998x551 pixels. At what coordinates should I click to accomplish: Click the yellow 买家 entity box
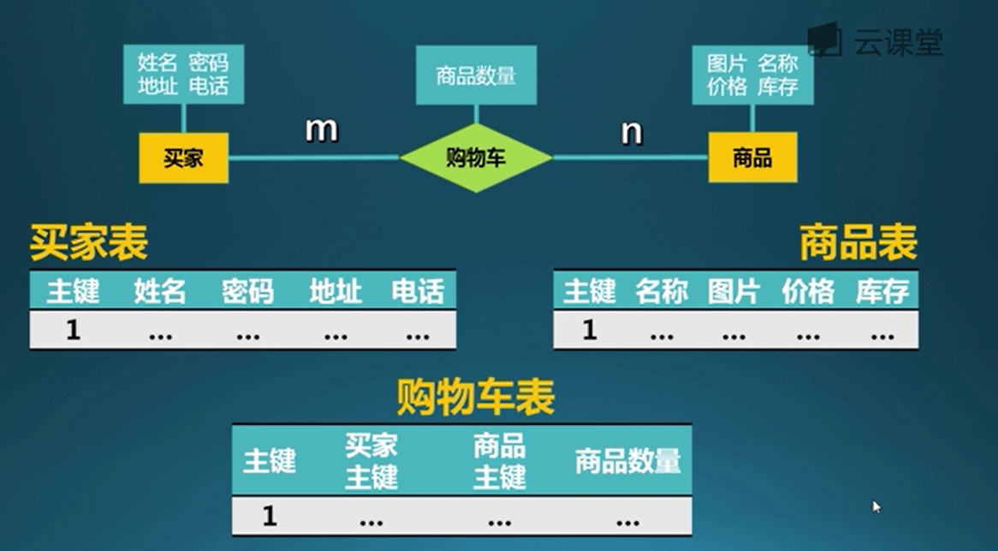pos(183,158)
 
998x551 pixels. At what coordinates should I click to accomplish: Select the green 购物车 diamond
pos(476,158)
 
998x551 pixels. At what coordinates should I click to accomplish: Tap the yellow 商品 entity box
pos(752,158)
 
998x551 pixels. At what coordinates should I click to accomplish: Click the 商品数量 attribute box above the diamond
pos(476,75)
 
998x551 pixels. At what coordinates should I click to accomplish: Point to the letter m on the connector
pos(322,129)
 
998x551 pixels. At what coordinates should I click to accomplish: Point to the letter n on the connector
pos(632,132)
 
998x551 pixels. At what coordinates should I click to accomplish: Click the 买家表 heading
pos(89,243)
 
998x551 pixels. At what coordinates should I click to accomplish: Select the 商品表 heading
pos(858,243)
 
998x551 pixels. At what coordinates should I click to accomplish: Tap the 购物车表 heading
pos(476,397)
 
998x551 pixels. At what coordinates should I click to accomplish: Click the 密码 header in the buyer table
pos(247,291)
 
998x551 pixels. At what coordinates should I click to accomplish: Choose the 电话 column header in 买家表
pos(418,291)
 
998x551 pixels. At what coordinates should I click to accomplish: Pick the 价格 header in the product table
pos(807,291)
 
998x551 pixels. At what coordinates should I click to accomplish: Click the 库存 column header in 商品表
pos(882,291)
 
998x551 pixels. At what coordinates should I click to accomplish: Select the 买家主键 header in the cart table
pos(371,461)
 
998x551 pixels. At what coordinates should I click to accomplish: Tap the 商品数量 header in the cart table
pos(627,461)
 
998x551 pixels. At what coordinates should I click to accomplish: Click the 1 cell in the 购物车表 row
pos(270,516)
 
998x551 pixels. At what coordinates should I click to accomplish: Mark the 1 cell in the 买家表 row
pos(73,330)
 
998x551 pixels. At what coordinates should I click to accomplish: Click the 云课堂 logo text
pos(897,41)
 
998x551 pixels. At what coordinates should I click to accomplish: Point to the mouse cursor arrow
pos(876,506)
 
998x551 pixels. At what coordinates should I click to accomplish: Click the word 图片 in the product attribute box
pos(728,63)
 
